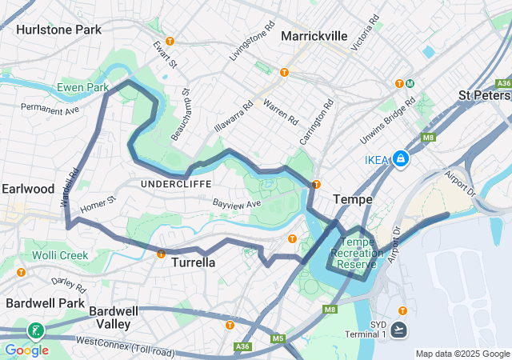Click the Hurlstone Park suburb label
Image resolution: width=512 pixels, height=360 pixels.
pos(58,30)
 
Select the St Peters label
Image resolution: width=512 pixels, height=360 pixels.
pos(484,95)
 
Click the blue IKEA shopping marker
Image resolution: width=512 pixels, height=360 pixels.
pos(400,159)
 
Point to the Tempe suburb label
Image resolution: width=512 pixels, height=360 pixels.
pos(353,198)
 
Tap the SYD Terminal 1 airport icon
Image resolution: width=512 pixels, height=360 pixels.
pos(400,330)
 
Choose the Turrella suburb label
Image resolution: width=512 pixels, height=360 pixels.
pos(194,262)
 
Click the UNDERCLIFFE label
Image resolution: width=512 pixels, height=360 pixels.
pos(176,183)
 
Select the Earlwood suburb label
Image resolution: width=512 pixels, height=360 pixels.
pos(27,189)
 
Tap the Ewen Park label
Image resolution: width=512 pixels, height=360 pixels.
pos(82,86)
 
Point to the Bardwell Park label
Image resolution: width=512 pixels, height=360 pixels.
pos(44,303)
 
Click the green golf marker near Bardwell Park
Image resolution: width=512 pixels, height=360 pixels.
pos(35,330)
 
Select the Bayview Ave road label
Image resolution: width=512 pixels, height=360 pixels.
pos(237,205)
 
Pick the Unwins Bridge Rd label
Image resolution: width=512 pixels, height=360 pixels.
pos(388,122)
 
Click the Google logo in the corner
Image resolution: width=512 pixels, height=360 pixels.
pos(26,350)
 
